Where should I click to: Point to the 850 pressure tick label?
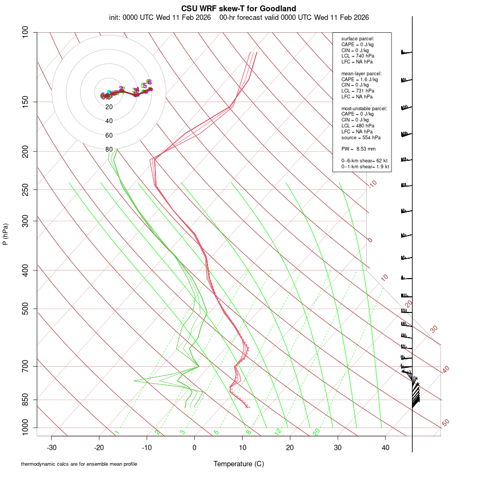coord(25,400)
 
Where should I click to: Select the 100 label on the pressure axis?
coord(25,32)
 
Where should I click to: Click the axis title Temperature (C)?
coord(238,464)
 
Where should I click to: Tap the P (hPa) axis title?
coord(5,234)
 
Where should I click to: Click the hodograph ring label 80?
coord(109,150)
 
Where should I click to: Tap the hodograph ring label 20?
coord(109,106)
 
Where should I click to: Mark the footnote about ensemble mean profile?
coord(79,464)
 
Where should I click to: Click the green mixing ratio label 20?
coord(317,432)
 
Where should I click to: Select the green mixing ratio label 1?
coord(117,432)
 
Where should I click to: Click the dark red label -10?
coord(372,184)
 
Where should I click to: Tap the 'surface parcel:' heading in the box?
coord(358,39)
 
